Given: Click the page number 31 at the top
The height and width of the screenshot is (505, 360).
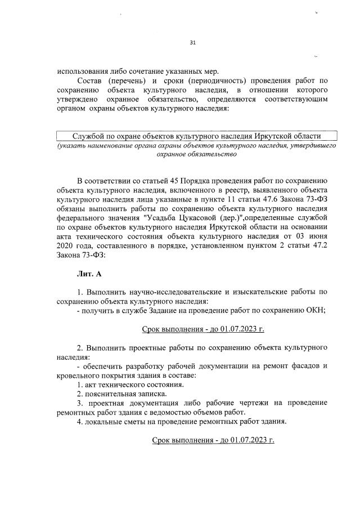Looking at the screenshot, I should (x=193, y=43).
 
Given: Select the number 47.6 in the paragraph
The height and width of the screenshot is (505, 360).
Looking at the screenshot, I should (x=258, y=198).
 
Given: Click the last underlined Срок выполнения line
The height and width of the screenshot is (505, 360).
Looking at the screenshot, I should (x=213, y=439).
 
